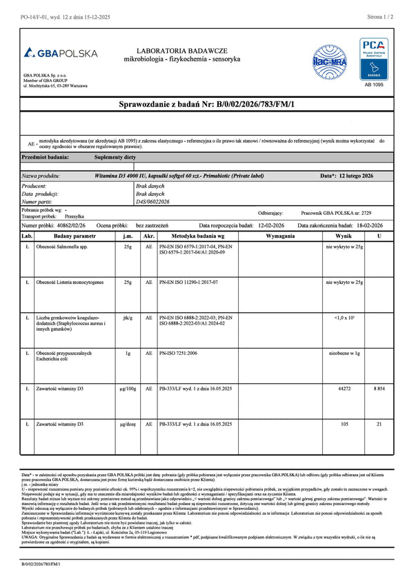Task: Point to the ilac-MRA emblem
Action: coord(331,57)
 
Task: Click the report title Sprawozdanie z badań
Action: coord(206,103)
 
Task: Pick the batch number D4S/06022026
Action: coord(153,202)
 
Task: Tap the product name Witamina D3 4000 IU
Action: coord(179,176)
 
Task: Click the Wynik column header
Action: coord(339,236)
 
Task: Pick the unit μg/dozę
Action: coord(128,424)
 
